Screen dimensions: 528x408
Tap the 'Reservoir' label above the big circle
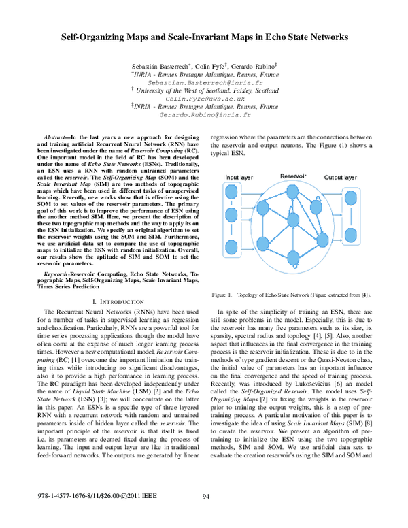tap(294, 176)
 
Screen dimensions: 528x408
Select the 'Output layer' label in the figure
tap(341, 178)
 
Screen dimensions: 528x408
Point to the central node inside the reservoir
tap(294, 222)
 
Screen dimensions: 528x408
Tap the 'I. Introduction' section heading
tap(118, 301)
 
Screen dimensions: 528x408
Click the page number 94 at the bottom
tap(206, 515)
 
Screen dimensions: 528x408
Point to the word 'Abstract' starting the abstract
tap(55, 137)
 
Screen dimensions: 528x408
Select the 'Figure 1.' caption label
tap(222, 295)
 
